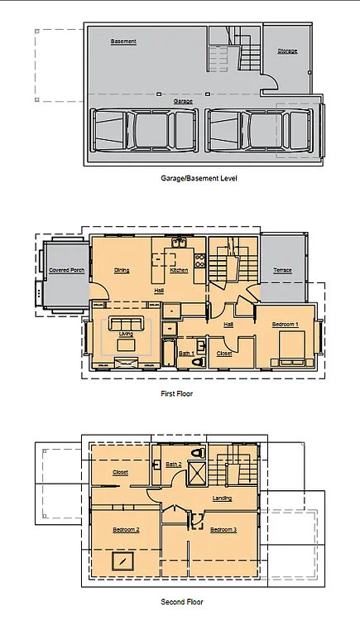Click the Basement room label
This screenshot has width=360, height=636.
click(x=123, y=41)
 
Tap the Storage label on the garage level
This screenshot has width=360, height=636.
click(x=287, y=51)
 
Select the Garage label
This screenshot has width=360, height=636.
click(x=183, y=101)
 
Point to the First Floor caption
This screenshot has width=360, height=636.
click(x=176, y=393)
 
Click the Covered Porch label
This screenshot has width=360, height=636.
click(x=67, y=270)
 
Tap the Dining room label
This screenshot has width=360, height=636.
click(x=122, y=270)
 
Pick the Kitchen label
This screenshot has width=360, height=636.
click(x=179, y=270)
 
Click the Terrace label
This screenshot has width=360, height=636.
click(x=283, y=270)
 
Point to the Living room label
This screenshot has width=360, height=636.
click(x=126, y=334)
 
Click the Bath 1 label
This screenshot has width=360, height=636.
click(x=186, y=354)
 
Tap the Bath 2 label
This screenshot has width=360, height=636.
click(x=173, y=465)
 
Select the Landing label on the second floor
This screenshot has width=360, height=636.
click(x=222, y=499)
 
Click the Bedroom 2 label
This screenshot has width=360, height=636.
click(x=126, y=529)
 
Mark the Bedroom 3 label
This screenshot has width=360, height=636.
click(x=223, y=529)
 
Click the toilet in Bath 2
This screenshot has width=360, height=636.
click(x=196, y=454)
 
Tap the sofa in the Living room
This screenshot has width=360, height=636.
click(x=126, y=322)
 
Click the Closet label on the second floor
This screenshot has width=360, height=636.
click(x=120, y=473)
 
